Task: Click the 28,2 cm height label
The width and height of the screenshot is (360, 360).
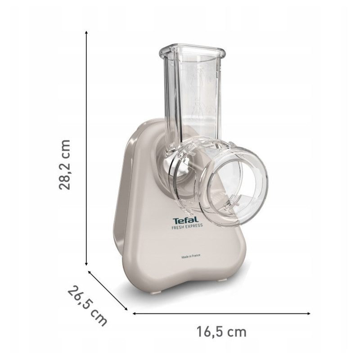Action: coord(64,164)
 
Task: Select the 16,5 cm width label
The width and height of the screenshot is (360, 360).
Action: coord(221,332)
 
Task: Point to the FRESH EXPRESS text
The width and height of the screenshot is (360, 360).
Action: coord(187,226)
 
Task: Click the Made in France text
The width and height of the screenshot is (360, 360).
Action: coord(191,256)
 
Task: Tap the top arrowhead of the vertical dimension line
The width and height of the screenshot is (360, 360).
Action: coord(86,32)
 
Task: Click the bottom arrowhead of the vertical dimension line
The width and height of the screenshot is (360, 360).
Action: coord(86,264)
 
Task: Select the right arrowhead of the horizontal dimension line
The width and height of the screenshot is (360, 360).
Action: coord(308,313)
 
